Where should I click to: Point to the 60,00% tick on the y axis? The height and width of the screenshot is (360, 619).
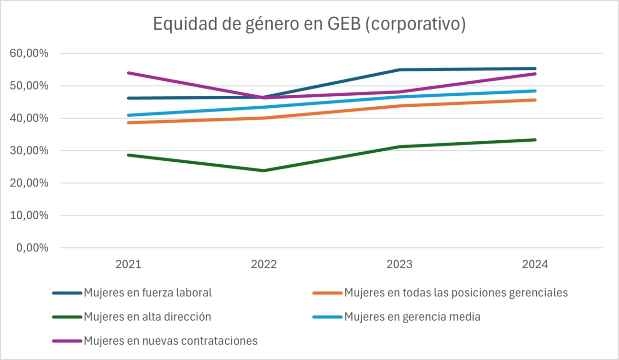tap(29, 54)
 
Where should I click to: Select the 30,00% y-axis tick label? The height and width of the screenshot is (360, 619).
tap(29, 151)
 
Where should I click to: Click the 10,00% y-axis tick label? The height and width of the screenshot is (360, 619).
tap(29, 215)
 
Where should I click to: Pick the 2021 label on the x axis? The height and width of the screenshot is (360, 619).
tap(128, 264)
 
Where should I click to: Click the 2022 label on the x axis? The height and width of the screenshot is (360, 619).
tap(264, 264)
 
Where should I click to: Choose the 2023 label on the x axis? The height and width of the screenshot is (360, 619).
tap(399, 264)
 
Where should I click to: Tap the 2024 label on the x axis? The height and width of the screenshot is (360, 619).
tap(535, 264)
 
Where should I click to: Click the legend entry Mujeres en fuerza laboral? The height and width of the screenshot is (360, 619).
tap(147, 292)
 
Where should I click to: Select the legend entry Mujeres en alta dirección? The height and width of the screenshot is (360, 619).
tap(147, 316)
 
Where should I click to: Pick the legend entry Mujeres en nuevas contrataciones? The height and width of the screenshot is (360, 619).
tap(170, 341)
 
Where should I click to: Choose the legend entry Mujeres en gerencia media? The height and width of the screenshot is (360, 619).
tap(412, 316)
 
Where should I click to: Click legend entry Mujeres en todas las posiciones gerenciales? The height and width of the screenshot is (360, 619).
tap(455, 292)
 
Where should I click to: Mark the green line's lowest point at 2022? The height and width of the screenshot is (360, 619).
tap(264, 170)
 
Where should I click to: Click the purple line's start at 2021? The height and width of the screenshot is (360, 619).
tap(128, 73)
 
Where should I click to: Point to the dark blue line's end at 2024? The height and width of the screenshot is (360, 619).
tap(535, 68)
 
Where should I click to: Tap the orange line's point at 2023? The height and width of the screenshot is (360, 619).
tap(399, 106)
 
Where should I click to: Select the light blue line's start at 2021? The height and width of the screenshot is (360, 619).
tap(128, 115)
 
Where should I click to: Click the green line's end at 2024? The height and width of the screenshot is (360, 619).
tap(535, 140)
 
